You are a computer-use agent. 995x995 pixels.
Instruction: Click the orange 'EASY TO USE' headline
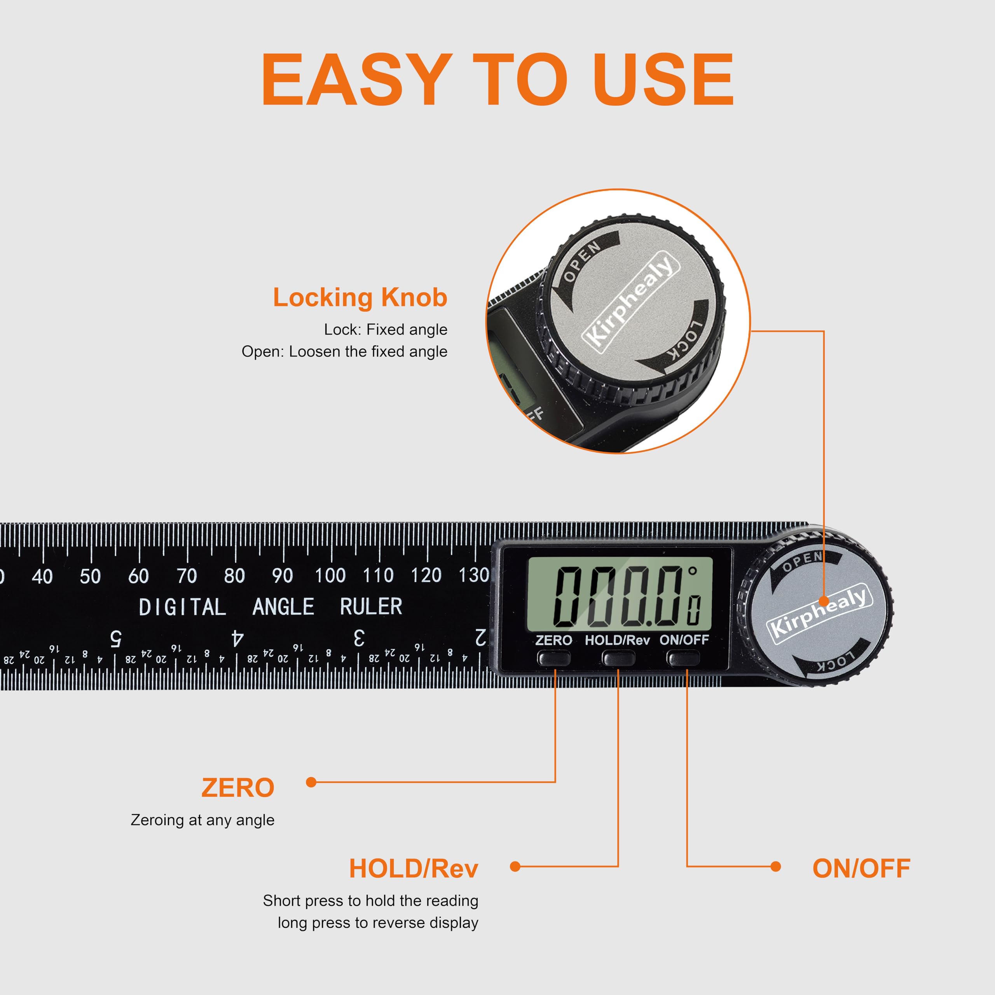[497, 79]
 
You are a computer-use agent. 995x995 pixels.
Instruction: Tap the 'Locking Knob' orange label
[360, 297]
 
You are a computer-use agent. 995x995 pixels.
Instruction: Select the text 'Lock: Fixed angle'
[386, 329]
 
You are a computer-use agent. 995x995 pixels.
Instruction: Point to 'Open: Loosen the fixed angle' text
[344, 351]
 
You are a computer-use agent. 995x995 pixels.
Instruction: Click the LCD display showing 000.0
[620, 594]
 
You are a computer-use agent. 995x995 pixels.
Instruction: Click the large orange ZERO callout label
[238, 788]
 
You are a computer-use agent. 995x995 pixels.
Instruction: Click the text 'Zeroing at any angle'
[202, 820]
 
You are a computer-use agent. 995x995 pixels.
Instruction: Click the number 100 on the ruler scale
[330, 575]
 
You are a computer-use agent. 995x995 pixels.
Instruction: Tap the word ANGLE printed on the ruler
[283, 607]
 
